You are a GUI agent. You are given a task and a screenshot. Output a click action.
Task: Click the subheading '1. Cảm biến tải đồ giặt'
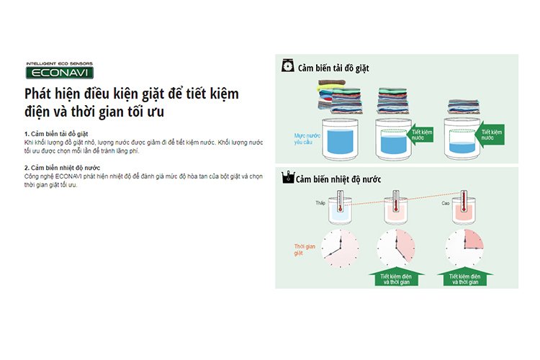point(56,134)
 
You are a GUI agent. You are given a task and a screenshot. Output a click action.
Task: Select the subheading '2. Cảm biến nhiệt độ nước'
point(62,168)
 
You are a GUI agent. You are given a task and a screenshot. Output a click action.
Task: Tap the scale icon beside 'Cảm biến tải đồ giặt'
point(287,66)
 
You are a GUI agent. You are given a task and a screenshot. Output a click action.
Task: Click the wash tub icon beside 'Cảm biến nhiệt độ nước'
point(288,177)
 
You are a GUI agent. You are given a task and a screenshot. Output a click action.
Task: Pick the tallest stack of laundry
point(340,96)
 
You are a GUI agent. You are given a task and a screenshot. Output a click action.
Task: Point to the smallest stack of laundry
point(463,107)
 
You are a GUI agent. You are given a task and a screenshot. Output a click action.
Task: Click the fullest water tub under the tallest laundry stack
point(340,140)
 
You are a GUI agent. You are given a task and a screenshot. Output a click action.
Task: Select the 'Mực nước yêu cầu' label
point(307,139)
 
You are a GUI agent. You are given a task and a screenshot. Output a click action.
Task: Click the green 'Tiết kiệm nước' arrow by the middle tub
point(420,135)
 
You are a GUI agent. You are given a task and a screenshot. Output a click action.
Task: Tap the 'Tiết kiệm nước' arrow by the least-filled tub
point(490,135)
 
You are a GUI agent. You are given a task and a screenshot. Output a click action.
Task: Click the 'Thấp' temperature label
point(320,203)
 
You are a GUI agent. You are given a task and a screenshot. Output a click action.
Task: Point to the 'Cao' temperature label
point(446,203)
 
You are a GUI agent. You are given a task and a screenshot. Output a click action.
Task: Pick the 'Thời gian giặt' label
point(305,250)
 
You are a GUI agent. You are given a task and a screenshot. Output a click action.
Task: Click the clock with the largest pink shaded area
point(341,248)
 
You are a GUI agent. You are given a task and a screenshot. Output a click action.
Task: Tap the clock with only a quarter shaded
point(464,248)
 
